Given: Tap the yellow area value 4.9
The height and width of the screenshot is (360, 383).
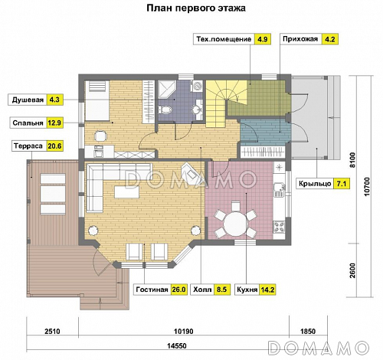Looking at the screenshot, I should pos(262,38).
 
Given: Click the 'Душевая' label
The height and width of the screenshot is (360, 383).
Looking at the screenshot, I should pos(25,99).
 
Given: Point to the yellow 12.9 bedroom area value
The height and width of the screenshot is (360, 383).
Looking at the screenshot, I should pos(54,122).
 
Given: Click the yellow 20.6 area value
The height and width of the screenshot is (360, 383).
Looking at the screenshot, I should pos(54,145).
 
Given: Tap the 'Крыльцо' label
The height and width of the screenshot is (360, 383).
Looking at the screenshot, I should pos(312,184).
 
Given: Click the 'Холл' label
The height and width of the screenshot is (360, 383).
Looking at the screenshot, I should pos(202,290).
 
